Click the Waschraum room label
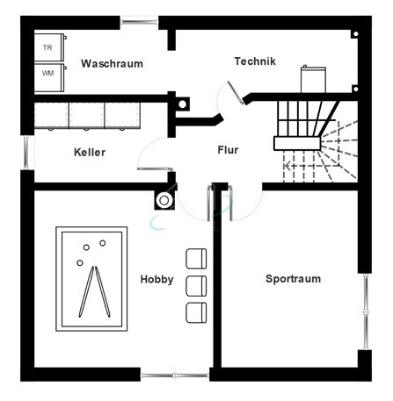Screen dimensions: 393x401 112,64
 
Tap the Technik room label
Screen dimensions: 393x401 255,61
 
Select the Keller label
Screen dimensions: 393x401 90,153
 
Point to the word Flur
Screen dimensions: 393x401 228,150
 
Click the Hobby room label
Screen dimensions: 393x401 156,279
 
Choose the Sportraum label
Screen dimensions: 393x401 293,279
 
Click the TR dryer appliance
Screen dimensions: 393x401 50,47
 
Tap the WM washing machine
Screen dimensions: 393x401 50,77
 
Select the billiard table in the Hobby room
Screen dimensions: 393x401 91,279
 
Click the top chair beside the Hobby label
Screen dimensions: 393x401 196,259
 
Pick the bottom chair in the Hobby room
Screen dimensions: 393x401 196,312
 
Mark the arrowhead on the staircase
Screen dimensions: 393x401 287,167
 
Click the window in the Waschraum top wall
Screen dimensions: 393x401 139,22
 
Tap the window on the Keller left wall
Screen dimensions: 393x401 26,153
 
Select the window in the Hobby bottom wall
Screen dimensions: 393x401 175,376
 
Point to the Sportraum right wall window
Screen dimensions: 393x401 366,311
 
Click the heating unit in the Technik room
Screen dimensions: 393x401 313,79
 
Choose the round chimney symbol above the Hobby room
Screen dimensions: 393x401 164,201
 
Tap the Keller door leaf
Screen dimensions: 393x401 155,169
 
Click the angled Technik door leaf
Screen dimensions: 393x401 237,92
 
